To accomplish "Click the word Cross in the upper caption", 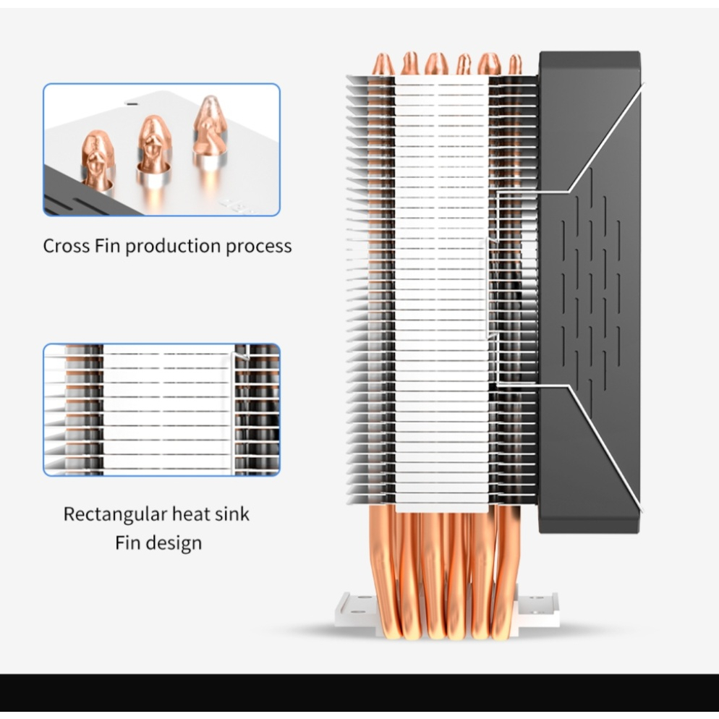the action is [67, 246].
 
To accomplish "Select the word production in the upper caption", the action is [174, 247].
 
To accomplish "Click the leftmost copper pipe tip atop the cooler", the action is [383, 64].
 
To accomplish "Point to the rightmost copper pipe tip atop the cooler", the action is [515, 66].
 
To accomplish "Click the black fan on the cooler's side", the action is [590, 292].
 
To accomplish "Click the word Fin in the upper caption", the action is [107, 246].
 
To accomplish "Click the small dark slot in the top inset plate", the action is [132, 103].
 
